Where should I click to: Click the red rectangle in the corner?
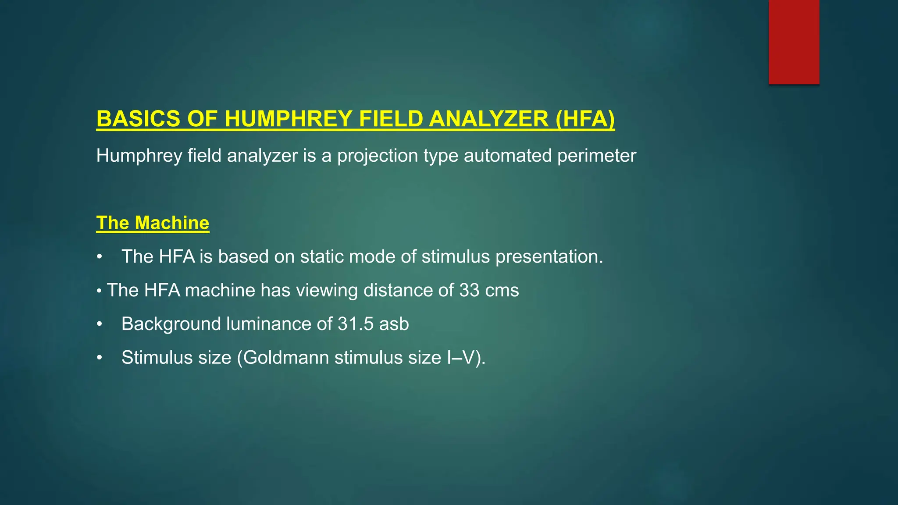(x=794, y=42)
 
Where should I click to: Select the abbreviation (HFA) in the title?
(x=585, y=119)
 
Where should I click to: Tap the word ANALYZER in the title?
(x=489, y=119)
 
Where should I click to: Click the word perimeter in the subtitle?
(x=596, y=156)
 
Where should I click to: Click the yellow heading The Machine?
(x=153, y=223)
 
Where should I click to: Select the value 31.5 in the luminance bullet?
(x=356, y=324)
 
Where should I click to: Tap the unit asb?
(x=394, y=324)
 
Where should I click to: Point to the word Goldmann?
(x=286, y=358)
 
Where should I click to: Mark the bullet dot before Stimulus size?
(x=100, y=358)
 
